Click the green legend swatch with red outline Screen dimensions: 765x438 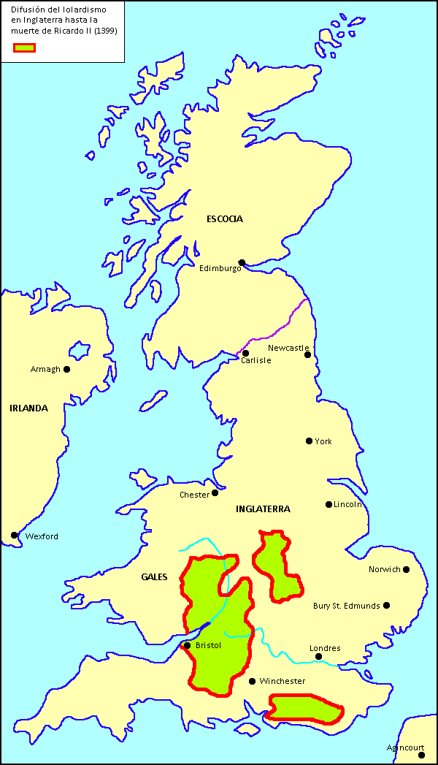(24, 48)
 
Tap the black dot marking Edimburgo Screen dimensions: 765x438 (242, 262)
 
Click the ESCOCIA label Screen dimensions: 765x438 (224, 219)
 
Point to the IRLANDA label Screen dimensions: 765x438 (28, 408)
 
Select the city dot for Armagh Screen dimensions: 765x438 (67, 369)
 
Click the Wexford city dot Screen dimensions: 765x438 (15, 536)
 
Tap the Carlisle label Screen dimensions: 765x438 (256, 360)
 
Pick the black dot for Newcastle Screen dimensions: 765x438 (308, 355)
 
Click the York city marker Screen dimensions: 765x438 (310, 441)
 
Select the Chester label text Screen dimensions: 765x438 (194, 495)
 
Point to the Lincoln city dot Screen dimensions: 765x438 (329, 504)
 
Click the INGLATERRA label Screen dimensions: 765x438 (263, 509)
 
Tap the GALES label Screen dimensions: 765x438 (154, 577)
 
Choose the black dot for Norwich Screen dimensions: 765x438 (407, 569)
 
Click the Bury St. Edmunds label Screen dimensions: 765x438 (346, 606)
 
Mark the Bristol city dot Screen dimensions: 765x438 (188, 645)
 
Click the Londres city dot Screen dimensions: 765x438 (319, 657)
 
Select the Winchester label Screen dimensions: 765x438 (282, 681)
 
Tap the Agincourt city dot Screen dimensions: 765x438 (421, 755)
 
